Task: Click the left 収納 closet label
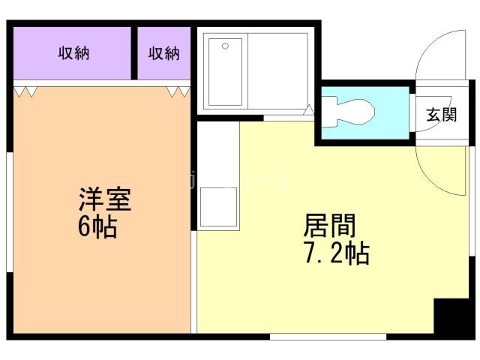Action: [x=73, y=53]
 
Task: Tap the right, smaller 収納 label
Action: [x=163, y=53]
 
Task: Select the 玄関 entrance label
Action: [x=442, y=115]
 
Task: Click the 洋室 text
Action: [x=105, y=201]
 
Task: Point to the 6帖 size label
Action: [x=97, y=226]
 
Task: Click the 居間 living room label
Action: [x=329, y=225]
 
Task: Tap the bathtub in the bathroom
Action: [x=225, y=72]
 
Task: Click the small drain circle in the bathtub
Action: [x=225, y=46]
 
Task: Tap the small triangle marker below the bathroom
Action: [x=308, y=110]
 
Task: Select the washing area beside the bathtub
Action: [x=277, y=72]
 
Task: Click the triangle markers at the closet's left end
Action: [x=25, y=91]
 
